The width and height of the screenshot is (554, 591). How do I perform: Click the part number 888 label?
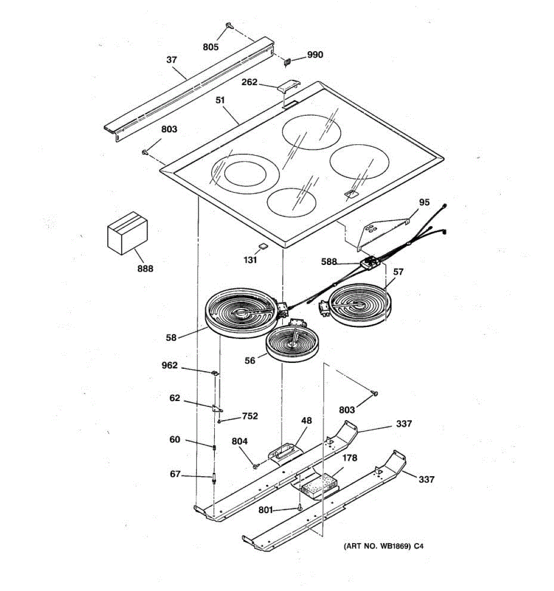click(145, 268)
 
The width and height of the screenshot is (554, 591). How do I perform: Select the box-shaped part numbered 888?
click(127, 232)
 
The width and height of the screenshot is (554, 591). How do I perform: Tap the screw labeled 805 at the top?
click(230, 25)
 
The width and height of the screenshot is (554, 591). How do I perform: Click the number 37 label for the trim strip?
click(171, 60)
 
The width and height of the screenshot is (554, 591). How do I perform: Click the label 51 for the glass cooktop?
click(220, 100)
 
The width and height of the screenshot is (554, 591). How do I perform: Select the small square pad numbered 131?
click(263, 246)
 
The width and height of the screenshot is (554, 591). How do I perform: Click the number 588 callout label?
click(328, 262)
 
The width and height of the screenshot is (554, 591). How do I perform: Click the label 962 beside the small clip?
click(169, 365)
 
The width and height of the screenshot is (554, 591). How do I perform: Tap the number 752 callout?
click(250, 416)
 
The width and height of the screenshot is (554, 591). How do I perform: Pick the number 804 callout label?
click(239, 442)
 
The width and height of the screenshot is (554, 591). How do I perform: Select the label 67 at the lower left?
click(175, 474)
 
